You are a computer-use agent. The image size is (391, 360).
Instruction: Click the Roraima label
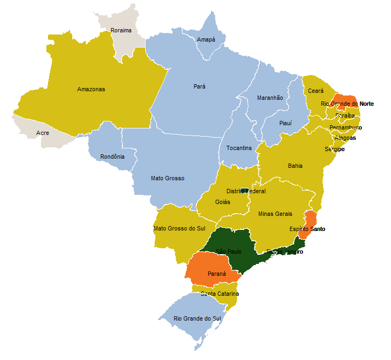[121, 30]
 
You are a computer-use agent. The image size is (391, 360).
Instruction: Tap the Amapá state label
[206, 39]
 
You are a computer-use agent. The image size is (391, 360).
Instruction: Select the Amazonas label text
[91, 89]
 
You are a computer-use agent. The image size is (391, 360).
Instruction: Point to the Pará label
[200, 86]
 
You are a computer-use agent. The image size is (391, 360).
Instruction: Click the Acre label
[42, 133]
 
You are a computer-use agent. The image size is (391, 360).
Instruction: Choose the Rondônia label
[112, 157]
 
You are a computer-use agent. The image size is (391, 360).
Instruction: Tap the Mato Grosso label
[168, 178]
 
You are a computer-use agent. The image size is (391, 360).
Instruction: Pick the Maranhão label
[270, 98]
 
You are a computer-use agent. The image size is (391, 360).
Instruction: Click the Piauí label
[285, 123]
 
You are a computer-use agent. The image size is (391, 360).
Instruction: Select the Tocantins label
[239, 148]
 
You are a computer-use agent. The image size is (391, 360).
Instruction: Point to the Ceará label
[315, 91]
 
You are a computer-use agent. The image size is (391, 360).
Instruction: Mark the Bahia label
[295, 166]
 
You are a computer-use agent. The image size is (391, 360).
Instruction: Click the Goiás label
[222, 202]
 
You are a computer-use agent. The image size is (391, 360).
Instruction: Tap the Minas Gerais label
[275, 214]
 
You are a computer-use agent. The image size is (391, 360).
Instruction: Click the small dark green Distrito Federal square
[244, 191]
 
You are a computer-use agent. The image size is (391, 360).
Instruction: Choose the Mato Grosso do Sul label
[180, 228]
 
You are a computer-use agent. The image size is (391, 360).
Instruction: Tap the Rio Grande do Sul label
[197, 318]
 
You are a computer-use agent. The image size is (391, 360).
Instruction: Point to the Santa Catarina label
[219, 294]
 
